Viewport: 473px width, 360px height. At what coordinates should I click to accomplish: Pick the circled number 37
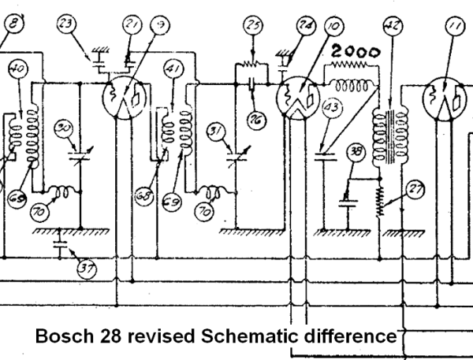coord(85,267)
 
